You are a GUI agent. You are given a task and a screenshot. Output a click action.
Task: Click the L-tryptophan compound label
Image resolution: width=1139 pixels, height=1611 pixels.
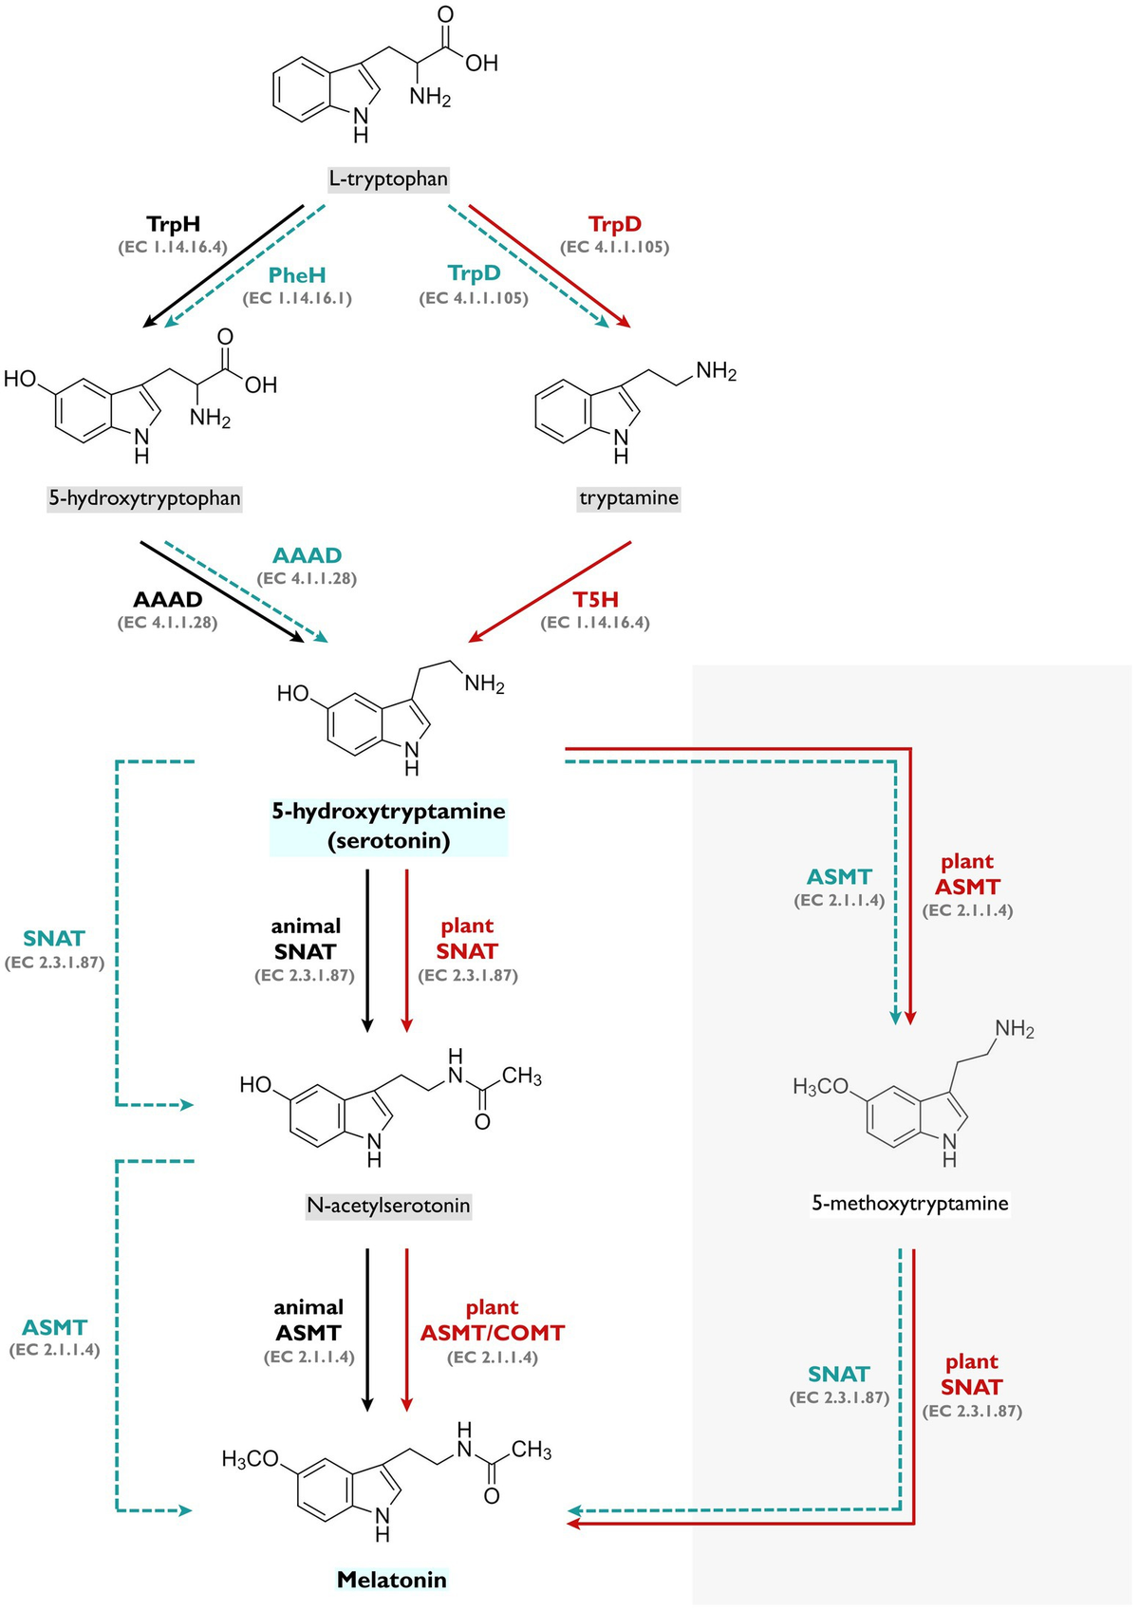(x=388, y=178)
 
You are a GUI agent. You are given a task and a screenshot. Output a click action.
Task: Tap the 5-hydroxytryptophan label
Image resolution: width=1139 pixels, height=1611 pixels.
(x=144, y=498)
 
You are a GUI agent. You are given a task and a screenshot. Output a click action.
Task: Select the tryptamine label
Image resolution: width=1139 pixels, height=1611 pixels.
(x=628, y=498)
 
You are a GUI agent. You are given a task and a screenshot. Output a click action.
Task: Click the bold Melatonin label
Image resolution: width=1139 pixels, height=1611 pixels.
(x=391, y=1580)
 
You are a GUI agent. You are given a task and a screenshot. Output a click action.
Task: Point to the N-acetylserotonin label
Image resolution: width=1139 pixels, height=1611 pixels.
(x=388, y=1206)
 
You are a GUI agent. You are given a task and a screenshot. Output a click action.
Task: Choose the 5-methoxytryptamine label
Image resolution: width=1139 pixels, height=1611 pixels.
(x=909, y=1204)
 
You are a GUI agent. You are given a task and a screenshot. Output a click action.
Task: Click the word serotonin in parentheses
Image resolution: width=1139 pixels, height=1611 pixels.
(x=388, y=840)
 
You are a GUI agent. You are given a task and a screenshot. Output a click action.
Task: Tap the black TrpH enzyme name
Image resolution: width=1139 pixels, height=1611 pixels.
(x=173, y=225)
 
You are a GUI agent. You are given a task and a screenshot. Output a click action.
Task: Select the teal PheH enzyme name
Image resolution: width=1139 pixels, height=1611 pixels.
(x=297, y=275)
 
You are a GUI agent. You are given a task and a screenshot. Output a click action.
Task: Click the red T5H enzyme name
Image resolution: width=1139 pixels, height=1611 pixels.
(x=595, y=600)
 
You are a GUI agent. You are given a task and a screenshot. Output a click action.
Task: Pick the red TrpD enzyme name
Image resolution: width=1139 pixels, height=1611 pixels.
(x=615, y=225)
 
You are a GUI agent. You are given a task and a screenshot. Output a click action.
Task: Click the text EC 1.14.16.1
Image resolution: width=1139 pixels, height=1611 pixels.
(x=297, y=299)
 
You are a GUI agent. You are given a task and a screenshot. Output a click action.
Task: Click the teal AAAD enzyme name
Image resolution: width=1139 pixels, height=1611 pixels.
(x=307, y=555)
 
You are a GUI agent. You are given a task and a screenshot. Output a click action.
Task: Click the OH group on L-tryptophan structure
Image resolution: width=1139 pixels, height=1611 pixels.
(x=481, y=64)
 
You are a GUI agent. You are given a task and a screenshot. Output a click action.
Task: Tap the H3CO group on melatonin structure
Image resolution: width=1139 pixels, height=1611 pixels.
(x=250, y=1458)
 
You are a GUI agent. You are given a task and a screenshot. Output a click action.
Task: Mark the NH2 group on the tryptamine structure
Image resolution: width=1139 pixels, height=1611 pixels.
(x=716, y=371)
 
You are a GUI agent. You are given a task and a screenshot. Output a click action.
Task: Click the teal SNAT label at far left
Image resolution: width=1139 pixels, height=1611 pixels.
(x=54, y=939)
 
